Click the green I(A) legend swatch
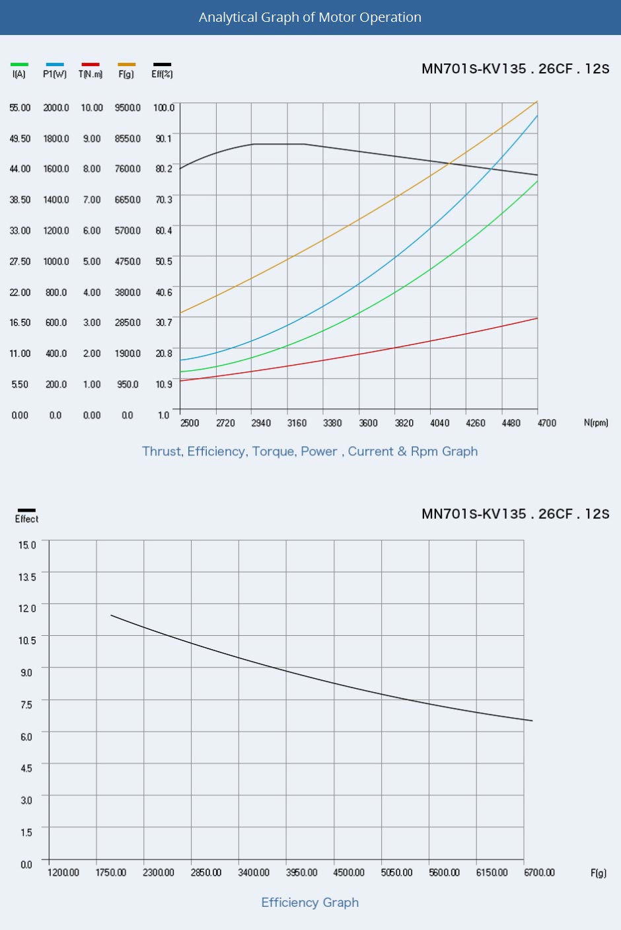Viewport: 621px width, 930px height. tap(19, 65)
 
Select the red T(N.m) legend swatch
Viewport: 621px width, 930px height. tap(90, 65)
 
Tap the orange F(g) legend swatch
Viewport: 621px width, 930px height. tap(126, 65)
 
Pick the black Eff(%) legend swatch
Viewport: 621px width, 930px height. tap(162, 65)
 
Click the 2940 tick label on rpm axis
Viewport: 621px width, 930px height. tap(261, 423)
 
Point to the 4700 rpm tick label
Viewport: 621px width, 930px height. tap(546, 423)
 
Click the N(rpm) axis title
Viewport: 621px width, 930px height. tap(596, 422)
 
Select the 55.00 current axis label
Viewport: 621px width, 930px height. tap(20, 108)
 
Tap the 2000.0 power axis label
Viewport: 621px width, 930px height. tap(56, 108)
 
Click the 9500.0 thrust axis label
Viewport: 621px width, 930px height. tap(128, 108)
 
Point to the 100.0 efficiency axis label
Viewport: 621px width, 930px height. tap(164, 108)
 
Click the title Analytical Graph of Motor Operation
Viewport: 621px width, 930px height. tap(310, 17)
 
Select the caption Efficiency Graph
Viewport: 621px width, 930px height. tap(310, 902)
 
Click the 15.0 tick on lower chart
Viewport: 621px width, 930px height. tap(27, 545)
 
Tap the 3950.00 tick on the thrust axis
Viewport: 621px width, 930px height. tap(301, 872)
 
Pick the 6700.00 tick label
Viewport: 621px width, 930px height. tap(539, 872)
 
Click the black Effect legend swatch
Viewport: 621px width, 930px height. tap(27, 510)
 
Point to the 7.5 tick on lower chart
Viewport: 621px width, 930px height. tap(26, 705)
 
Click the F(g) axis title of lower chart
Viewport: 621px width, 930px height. tap(599, 873)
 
